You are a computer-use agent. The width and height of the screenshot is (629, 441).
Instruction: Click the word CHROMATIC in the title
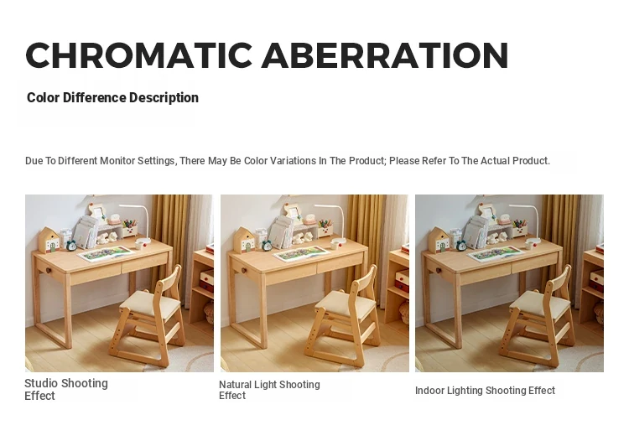point(138,55)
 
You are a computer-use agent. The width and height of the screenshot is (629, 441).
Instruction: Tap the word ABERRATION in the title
point(385,55)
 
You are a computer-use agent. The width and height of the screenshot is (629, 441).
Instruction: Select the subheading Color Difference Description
point(112,97)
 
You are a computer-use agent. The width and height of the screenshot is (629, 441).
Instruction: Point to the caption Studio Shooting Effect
point(66,389)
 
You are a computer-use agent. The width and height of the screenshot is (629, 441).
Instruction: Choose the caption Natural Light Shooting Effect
point(269,390)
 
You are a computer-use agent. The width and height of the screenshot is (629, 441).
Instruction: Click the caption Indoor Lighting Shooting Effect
point(485,391)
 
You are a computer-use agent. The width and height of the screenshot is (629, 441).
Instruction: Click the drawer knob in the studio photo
point(49,271)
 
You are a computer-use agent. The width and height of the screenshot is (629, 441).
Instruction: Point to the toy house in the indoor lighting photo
point(438,240)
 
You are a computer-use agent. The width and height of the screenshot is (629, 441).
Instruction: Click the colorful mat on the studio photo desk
point(106,254)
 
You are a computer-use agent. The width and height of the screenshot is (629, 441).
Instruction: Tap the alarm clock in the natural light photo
point(267,245)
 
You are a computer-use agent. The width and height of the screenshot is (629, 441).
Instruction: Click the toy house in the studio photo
point(49,240)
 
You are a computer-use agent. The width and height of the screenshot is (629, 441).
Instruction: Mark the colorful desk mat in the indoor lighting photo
point(496,254)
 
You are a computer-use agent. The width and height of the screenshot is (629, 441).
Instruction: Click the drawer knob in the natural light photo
point(243,271)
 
